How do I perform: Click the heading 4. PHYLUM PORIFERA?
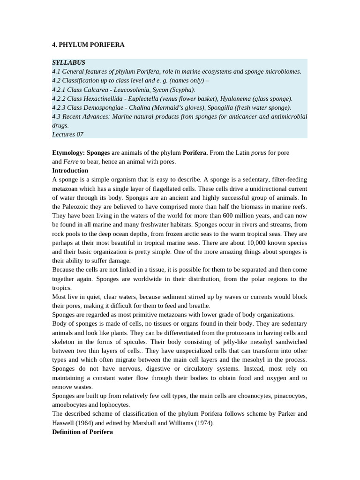88,45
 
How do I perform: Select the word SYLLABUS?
68,62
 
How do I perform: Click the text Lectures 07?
67,135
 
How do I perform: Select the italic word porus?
258,153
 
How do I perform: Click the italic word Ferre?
71,162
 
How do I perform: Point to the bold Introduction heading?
70,171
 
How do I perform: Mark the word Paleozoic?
78,207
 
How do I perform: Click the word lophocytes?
112,405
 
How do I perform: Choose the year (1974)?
203,423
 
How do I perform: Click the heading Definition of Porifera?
82,432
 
